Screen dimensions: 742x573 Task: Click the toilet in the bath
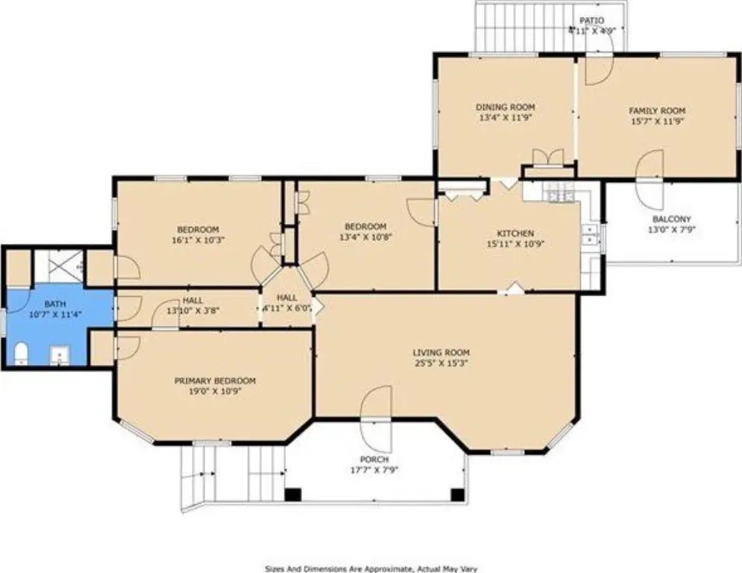[21, 354]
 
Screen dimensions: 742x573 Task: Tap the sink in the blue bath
[60, 355]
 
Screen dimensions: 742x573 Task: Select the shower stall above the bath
[59, 266]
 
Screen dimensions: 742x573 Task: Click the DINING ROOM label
[505, 107]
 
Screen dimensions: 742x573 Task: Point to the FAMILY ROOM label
[657, 111]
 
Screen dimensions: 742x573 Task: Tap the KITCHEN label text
[515, 234]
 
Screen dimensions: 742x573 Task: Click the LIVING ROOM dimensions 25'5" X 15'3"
[441, 363]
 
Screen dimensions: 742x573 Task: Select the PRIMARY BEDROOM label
[215, 381]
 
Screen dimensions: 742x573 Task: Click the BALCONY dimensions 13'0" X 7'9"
[672, 230]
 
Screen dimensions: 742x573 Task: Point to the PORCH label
[374, 460]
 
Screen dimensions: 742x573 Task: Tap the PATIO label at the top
[592, 21]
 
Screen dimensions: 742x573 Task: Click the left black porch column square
[293, 495]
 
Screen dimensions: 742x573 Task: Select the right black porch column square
[457, 495]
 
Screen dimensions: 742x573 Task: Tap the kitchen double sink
[590, 234]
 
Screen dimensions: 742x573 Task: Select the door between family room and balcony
[650, 180]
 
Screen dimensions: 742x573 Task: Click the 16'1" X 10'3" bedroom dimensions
[198, 240]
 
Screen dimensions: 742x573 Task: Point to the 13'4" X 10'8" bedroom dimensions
[366, 237]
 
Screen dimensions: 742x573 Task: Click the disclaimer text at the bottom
[371, 569]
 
